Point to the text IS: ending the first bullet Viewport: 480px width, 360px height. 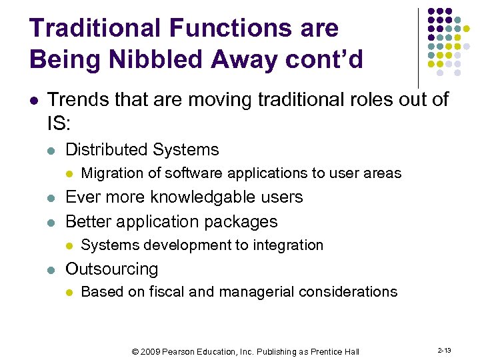59,123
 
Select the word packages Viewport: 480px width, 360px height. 243,221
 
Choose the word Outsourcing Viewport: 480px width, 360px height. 111,269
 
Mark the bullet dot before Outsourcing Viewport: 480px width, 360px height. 51,270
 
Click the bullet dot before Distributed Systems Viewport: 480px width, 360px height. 51,150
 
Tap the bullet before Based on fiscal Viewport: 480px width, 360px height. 69,293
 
